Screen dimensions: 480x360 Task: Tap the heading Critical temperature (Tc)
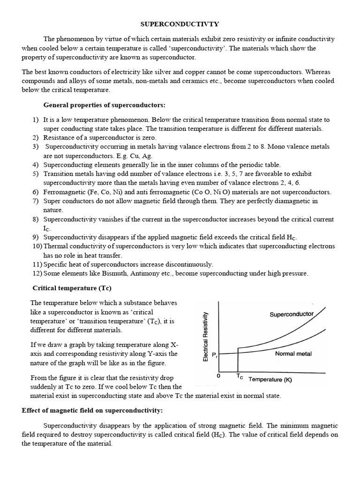pos(72,287)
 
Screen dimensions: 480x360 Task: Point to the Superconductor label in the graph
pos(292,314)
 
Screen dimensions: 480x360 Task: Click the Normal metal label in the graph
pos(293,353)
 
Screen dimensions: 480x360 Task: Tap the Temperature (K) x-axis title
pos(270,380)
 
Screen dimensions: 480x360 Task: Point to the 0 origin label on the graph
pos(218,376)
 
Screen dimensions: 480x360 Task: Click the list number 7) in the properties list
pos(36,201)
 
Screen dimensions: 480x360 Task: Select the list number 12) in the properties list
pos(37,273)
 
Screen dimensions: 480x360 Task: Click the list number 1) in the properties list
pos(36,120)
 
